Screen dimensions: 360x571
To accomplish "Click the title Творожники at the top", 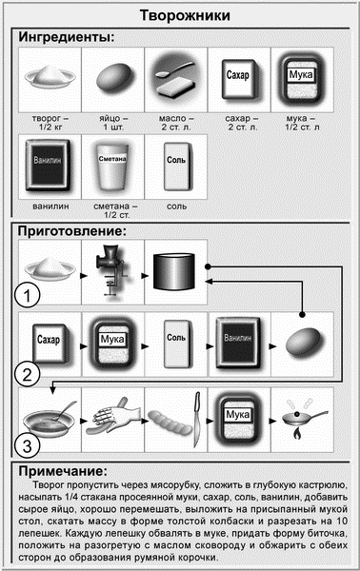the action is click(x=185, y=15).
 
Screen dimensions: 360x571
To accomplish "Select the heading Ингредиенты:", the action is click(x=67, y=37).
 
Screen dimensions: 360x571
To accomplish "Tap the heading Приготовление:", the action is click(x=72, y=231).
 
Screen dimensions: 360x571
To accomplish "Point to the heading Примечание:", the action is click(x=63, y=471).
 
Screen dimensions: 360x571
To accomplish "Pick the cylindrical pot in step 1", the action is click(x=174, y=271).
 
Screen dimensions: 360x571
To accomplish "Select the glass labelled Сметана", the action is click(x=112, y=167).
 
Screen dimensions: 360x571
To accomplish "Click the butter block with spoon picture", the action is click(x=175, y=79).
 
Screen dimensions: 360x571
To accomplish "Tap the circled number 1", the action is click(x=28, y=295).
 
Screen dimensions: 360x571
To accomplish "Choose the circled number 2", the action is click(x=28, y=374).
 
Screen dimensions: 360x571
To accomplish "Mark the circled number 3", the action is click(x=28, y=445).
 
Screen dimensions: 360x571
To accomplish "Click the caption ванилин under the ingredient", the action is click(x=50, y=207).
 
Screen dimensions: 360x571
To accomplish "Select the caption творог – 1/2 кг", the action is click(x=50, y=123).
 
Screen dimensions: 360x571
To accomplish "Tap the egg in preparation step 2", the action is click(x=304, y=343).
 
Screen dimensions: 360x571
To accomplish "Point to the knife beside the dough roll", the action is click(x=197, y=419).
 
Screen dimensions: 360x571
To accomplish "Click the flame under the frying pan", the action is click(x=297, y=433).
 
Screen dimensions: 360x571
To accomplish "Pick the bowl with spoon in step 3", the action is click(x=50, y=420).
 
